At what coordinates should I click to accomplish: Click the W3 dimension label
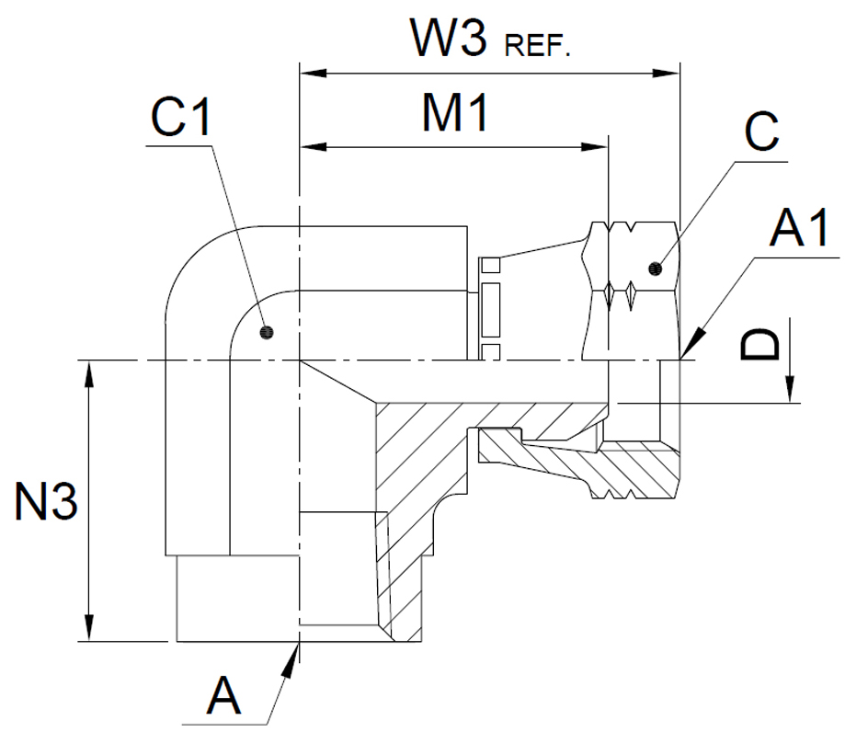coord(449,38)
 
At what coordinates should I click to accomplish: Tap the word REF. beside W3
coord(537,45)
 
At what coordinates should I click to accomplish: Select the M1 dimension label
coord(455,112)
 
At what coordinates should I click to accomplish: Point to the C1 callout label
coord(180,117)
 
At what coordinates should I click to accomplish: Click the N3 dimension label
coord(46,501)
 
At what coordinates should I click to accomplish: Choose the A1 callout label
coord(799,228)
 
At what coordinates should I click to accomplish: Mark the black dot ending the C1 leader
coord(267,333)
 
